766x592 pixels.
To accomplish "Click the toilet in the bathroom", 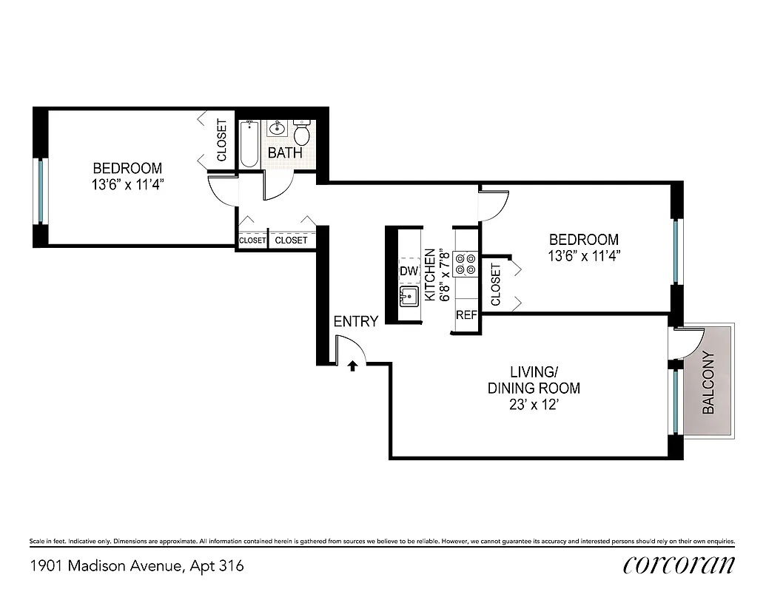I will [301, 133].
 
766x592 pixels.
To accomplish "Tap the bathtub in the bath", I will [249, 144].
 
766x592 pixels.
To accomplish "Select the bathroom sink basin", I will [278, 129].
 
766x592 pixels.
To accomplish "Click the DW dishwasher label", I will [409, 272].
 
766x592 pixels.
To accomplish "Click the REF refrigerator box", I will [466, 314].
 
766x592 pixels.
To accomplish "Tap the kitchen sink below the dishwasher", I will [409, 297].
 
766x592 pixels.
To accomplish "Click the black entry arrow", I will [353, 366].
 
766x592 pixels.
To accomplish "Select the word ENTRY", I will [356, 321].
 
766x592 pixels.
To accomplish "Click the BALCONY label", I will [708, 382].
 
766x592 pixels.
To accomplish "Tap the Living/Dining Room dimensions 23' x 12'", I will [533, 405].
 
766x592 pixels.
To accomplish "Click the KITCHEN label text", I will [430, 271].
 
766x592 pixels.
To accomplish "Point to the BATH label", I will [285, 153].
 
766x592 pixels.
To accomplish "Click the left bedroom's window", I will [41, 190].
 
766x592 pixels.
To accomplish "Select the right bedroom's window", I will [675, 252].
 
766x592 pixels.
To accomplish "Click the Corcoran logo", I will [679, 565].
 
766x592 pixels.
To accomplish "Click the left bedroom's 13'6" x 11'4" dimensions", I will [123, 184].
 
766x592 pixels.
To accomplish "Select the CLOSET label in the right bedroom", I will [495, 285].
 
